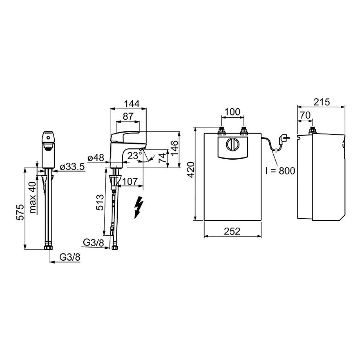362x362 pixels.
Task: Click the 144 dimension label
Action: [132, 104]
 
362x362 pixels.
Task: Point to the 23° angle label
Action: [134, 156]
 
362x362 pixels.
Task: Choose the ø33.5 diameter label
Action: [72, 167]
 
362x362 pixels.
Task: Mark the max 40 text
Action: [33, 197]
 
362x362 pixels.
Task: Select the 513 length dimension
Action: [100, 202]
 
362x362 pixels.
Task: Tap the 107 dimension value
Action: [129, 181]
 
